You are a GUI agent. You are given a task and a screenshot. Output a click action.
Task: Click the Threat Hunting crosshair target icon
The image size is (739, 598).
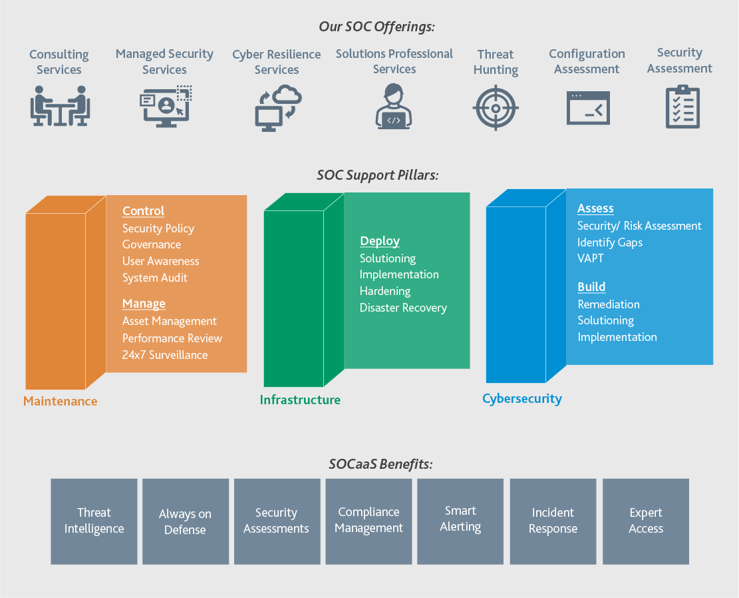pyautogui.click(x=496, y=108)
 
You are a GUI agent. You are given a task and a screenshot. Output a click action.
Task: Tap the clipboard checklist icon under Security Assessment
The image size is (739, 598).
pyautogui.click(x=682, y=107)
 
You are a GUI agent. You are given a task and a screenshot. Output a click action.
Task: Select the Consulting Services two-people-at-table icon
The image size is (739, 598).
pyautogui.click(x=60, y=106)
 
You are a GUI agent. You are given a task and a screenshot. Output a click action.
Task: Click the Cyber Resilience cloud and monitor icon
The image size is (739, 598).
pyautogui.click(x=278, y=108)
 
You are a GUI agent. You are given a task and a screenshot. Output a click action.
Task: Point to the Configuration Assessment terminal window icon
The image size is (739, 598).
pyautogui.click(x=588, y=108)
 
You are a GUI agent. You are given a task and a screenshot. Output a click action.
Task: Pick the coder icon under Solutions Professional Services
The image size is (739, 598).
pyautogui.click(x=394, y=106)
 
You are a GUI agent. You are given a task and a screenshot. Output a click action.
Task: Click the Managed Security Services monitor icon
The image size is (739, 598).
pyautogui.click(x=166, y=106)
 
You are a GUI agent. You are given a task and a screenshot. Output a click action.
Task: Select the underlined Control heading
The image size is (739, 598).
pyautogui.click(x=143, y=211)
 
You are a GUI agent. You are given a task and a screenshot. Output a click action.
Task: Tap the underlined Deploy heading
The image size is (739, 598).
pyautogui.click(x=380, y=241)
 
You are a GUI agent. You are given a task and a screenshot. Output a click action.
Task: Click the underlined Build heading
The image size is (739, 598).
pyautogui.click(x=591, y=287)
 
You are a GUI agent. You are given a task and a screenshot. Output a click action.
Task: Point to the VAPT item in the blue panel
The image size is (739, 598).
pyautogui.click(x=591, y=258)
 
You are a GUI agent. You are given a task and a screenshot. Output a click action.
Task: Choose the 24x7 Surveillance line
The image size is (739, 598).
pyautogui.click(x=165, y=355)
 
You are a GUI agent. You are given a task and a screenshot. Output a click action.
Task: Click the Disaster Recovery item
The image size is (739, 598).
pyautogui.click(x=403, y=308)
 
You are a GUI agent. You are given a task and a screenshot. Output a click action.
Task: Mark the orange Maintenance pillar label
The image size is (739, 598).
pyautogui.click(x=61, y=401)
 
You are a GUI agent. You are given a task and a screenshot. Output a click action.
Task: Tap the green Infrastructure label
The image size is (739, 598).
pyautogui.click(x=300, y=400)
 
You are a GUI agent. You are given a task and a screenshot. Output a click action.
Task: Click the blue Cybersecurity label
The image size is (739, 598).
pyautogui.click(x=522, y=399)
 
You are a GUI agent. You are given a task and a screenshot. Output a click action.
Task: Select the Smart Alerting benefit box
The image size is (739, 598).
pyautogui.click(x=460, y=521)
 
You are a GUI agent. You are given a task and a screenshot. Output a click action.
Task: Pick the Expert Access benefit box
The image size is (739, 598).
pyautogui.click(x=646, y=521)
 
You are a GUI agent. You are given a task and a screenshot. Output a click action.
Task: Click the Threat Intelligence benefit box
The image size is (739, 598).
pyautogui.click(x=94, y=521)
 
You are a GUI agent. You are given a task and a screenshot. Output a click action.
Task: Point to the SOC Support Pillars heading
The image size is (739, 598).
pyautogui.click(x=378, y=176)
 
